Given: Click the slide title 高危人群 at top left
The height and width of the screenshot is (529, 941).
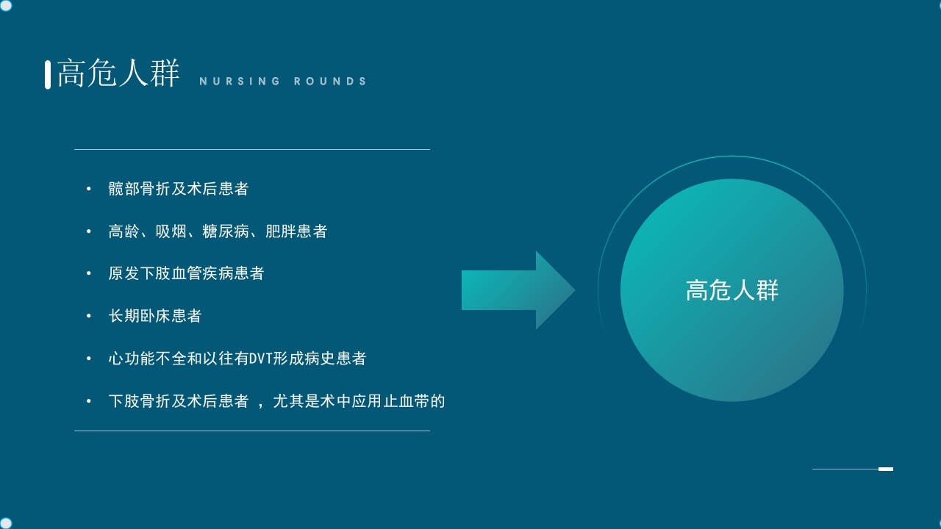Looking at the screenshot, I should pyautogui.click(x=118, y=74).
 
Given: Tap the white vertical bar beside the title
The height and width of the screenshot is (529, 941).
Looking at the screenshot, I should pyautogui.click(x=48, y=74).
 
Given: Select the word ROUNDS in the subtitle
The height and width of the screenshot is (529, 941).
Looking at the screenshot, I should pyautogui.click(x=330, y=82).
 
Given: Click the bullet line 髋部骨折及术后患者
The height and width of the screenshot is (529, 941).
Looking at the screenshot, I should pyautogui.click(x=178, y=189).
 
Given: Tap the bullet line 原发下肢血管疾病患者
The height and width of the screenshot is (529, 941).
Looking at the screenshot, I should pyautogui.click(x=186, y=273).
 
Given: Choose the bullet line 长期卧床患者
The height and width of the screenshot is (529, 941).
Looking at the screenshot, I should pyautogui.click(x=154, y=316).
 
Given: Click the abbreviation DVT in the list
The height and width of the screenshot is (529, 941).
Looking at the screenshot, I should pyautogui.click(x=261, y=359).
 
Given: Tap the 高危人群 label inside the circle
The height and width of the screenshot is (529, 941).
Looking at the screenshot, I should pyautogui.click(x=731, y=290).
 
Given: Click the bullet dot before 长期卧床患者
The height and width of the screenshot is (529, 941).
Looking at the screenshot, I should pyautogui.click(x=89, y=316).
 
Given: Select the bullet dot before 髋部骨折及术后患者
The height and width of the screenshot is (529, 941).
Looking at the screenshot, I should pyautogui.click(x=89, y=189).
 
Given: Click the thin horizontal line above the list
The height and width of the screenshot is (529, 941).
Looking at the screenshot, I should pyautogui.click(x=251, y=149).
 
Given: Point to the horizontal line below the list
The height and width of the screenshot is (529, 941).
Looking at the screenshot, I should pyautogui.click(x=251, y=431).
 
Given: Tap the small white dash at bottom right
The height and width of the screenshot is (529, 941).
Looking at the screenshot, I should pyautogui.click(x=886, y=469).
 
